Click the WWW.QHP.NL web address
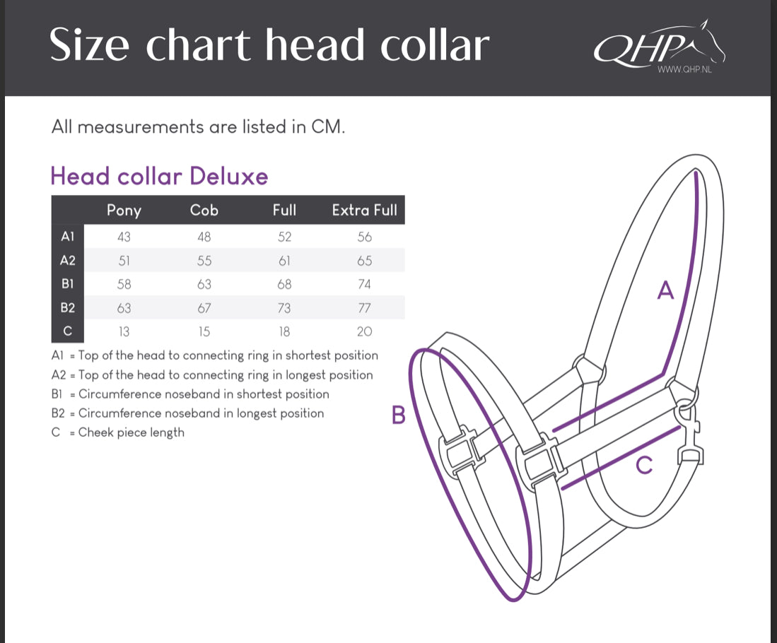(x=684, y=70)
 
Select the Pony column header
(x=124, y=210)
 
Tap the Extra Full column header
(x=364, y=210)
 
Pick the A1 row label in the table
(x=68, y=237)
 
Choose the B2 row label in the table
(x=68, y=308)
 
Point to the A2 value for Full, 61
(x=284, y=261)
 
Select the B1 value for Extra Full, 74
(x=364, y=285)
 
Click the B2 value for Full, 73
(x=284, y=308)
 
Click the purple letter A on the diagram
(x=665, y=290)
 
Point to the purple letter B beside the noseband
(x=399, y=415)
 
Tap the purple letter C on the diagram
(x=644, y=465)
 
